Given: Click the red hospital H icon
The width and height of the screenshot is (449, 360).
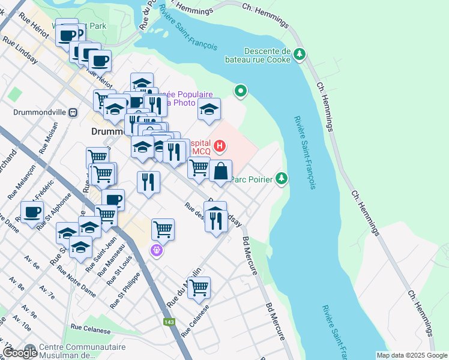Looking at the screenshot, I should click(220, 145).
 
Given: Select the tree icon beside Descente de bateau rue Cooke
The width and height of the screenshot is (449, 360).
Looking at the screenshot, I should click(300, 55).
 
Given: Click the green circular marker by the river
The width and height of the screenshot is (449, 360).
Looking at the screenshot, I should click(241, 91).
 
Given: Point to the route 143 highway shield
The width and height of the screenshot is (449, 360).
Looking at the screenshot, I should click(170, 322).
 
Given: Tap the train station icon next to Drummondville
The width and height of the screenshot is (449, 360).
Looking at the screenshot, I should click(73, 112).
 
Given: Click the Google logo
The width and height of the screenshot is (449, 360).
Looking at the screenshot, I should click(19, 352).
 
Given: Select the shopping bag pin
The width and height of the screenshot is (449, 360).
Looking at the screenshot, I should click(221, 171).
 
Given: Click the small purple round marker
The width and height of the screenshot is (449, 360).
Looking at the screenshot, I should click(157, 250).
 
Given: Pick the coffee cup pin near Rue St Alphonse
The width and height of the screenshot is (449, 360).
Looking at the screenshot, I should click(32, 212).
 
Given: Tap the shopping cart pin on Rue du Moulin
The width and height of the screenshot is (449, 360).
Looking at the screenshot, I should click(199, 287).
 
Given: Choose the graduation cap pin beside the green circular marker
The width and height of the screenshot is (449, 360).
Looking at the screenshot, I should click(209, 109).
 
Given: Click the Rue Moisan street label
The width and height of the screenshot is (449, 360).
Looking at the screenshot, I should click(50, 139).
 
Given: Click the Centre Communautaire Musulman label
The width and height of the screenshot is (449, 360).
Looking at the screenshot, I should click(83, 351).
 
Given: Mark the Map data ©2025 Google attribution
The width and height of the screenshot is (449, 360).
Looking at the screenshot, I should click(411, 355).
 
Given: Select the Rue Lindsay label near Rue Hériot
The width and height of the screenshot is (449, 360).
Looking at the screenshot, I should click(21, 51).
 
